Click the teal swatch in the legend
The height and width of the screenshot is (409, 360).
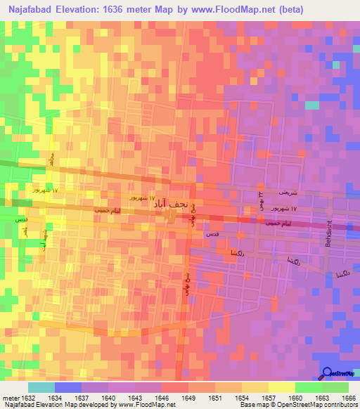[41, 387]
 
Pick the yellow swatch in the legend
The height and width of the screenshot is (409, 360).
[281, 387]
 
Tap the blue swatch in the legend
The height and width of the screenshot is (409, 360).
[68, 387]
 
